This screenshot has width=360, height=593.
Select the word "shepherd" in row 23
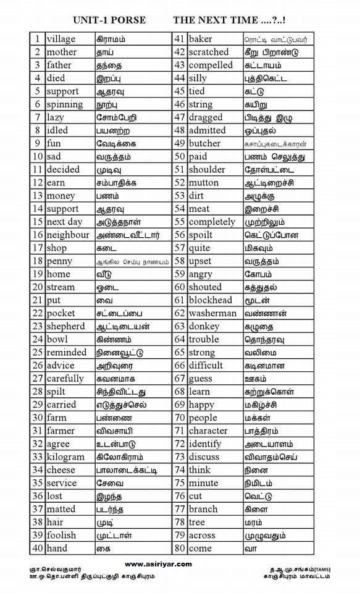pos(66,326)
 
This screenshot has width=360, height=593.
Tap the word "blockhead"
pos(211,300)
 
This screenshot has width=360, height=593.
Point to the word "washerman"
pos(212,313)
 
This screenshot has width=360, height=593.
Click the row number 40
pos(37,548)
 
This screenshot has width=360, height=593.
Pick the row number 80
pos(180,548)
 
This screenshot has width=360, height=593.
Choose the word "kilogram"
pos(65,456)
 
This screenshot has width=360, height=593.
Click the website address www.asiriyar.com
pos(158,564)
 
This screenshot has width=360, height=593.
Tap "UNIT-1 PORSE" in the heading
pos(109,20)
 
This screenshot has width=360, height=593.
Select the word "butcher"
pos(204,143)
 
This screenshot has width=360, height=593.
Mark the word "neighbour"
pos(68,235)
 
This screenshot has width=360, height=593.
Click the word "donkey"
pos(204,326)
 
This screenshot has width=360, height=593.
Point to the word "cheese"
pos(61,469)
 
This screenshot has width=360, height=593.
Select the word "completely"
pos(212,222)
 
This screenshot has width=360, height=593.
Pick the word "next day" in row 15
pos(64,222)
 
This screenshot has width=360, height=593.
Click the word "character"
pos(208,431)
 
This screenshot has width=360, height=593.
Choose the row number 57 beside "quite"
pos(180,248)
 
